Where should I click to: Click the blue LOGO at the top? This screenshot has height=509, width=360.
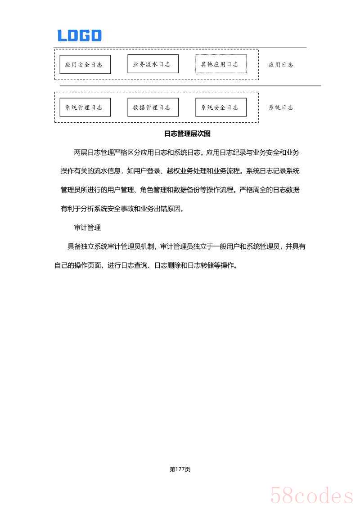coord(79,36)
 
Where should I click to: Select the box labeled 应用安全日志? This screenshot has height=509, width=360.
coord(85,64)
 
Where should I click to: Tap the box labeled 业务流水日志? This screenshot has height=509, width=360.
coord(153,64)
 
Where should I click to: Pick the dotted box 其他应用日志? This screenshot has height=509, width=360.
coord(221,64)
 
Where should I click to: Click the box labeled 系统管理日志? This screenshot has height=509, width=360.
coord(85,107)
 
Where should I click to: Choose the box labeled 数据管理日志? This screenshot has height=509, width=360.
coord(153,107)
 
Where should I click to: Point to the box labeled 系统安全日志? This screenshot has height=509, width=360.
coord(221,107)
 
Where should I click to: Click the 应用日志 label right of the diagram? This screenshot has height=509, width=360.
coord(281,65)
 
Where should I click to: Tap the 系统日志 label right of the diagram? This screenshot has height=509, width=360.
coord(281,107)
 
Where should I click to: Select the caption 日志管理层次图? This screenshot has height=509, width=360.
coord(187,134)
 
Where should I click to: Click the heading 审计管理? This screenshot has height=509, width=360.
coord(87,228)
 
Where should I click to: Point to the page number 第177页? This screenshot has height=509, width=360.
coord(180,469)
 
